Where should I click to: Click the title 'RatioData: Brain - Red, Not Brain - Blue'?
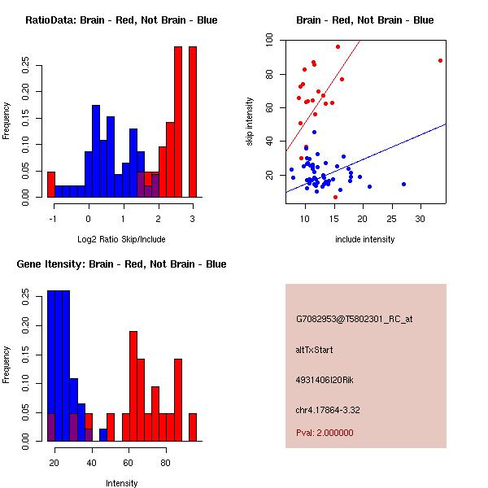click(121, 20)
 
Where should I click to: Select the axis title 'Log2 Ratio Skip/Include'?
click(121, 239)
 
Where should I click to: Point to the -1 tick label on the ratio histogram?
click(53, 219)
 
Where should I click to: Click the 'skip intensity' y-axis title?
click(250, 121)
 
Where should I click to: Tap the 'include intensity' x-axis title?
click(364, 239)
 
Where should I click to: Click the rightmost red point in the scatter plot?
click(440, 61)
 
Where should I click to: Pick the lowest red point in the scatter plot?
click(335, 198)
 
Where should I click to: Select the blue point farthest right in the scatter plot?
click(403, 185)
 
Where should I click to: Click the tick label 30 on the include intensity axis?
click(420, 219)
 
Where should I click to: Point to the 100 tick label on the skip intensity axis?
click(269, 40)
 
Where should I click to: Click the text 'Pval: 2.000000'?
click(325, 433)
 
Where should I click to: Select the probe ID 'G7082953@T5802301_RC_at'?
click(354, 319)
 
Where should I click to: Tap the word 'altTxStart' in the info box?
click(314, 350)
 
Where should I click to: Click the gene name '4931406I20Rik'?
click(325, 380)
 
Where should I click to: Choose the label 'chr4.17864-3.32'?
click(328, 410)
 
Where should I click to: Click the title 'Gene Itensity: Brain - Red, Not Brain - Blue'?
click(121, 264)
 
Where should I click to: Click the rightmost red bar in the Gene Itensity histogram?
click(193, 427)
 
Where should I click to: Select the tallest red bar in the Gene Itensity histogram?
click(133, 386)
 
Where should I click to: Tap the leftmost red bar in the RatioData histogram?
click(51, 185)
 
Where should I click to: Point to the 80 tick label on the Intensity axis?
click(166, 463)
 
